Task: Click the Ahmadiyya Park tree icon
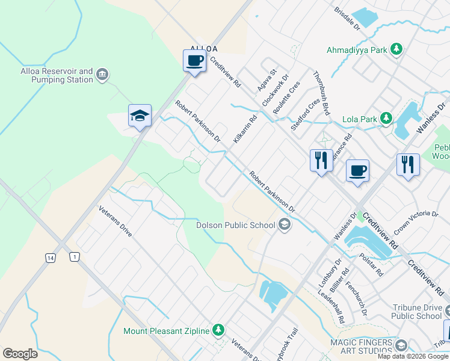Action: pos(396,49)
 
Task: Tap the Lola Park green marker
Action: pos(386,119)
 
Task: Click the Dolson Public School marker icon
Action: pos(285,225)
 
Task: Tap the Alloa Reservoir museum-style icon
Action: pos(102,75)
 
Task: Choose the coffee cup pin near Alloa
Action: pos(194,61)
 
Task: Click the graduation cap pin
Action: pos(140,116)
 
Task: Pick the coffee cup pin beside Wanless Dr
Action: pos(357,171)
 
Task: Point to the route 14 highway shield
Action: pos(51,257)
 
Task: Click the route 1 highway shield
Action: pos(74,257)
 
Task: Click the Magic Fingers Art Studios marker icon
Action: pos(402,345)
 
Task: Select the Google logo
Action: pos(20,354)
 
